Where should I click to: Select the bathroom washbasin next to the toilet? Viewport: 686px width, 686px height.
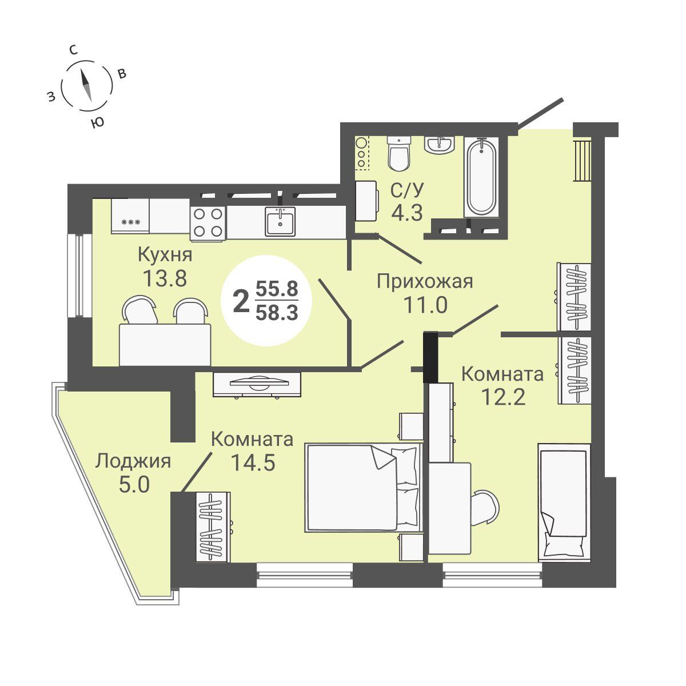439,145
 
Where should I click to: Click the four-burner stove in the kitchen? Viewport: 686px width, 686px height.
208,223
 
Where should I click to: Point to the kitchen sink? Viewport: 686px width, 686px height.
280,222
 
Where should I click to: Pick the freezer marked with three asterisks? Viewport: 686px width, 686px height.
130,216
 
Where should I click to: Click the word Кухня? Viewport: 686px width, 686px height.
165,255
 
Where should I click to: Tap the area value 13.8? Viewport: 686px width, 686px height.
165,278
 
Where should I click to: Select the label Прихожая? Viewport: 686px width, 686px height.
425,282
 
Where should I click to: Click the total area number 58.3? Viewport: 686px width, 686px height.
277,314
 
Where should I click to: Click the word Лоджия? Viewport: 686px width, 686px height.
133,462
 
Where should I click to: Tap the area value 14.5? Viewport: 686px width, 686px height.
253,462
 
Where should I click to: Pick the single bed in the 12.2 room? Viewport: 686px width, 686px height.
564,502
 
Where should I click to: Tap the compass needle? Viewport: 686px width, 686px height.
86,85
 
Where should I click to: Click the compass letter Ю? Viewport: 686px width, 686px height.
97,122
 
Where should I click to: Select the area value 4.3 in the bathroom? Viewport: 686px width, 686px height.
407,213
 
